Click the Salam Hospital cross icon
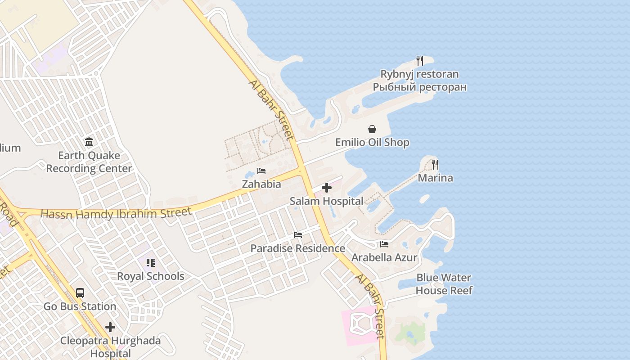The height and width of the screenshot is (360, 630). pos(327,188)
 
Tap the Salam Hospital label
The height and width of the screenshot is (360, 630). pos(326,201)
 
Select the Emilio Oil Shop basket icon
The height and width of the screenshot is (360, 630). pos(372,130)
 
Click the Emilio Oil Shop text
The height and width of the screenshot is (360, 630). pos(372,143)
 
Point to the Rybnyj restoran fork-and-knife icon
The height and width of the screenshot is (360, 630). pos(419,61)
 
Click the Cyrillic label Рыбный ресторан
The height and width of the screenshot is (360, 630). pos(419,87)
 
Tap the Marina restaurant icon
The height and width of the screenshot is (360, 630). pos(435,165)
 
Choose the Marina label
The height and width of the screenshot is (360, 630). pos(435,178)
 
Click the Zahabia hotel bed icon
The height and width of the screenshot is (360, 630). pos(261,171)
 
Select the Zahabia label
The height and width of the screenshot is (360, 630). pos(261,184)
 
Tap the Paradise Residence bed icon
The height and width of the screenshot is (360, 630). pos(297,235)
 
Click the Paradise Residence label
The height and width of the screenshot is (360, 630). pos(297,248)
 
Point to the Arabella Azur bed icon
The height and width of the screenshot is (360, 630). pos(384,244)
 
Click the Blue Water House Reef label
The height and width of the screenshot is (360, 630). pos(444,284)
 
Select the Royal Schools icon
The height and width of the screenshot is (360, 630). pos(150,263)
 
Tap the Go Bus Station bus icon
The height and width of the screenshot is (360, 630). pos(80,293)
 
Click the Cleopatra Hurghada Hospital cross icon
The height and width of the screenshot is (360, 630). pos(110,327)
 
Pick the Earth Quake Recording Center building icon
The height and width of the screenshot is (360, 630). pos(89,142)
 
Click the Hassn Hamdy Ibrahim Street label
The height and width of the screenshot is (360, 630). pos(116,213)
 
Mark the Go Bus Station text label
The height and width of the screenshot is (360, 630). pos(80,306)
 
